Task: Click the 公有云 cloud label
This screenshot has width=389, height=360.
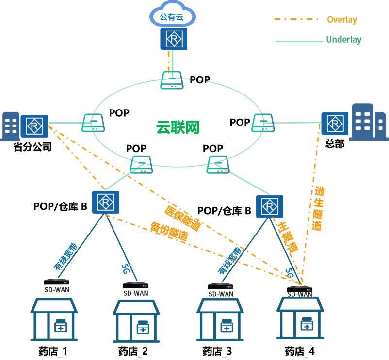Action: pos(172,17)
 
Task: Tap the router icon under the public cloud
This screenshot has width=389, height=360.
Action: pos(174,38)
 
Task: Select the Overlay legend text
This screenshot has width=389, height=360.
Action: pos(341,20)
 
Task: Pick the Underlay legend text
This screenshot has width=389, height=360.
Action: pos(343,40)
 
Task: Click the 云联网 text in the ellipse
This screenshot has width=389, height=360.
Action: pos(178,127)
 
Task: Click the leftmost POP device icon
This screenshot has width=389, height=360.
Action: pos(93,123)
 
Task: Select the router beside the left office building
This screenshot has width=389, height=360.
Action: pos(34,126)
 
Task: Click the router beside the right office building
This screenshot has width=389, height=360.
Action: pos(334,124)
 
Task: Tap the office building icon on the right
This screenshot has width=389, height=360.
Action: pos(368,122)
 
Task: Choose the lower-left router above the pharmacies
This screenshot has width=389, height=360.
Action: pos(105,202)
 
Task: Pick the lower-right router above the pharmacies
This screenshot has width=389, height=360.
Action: pos(269,207)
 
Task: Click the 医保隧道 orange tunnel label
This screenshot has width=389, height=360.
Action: pos(183,218)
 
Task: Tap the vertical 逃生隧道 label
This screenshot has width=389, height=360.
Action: pos(318,208)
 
